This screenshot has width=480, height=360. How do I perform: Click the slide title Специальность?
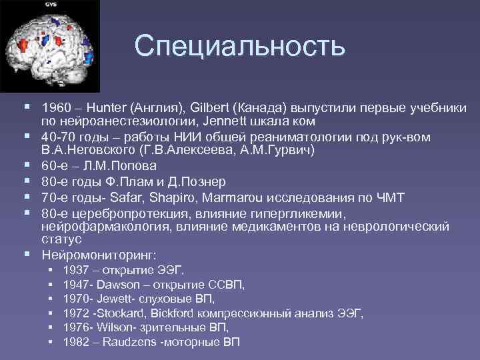[x=240, y=46]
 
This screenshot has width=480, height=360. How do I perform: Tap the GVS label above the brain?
[x=51, y=5]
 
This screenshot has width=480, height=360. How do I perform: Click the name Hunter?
[x=106, y=108]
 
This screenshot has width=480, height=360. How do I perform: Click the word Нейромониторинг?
[x=99, y=255]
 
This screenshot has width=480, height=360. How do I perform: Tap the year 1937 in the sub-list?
[x=76, y=270]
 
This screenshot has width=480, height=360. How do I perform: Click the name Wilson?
[x=114, y=327]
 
